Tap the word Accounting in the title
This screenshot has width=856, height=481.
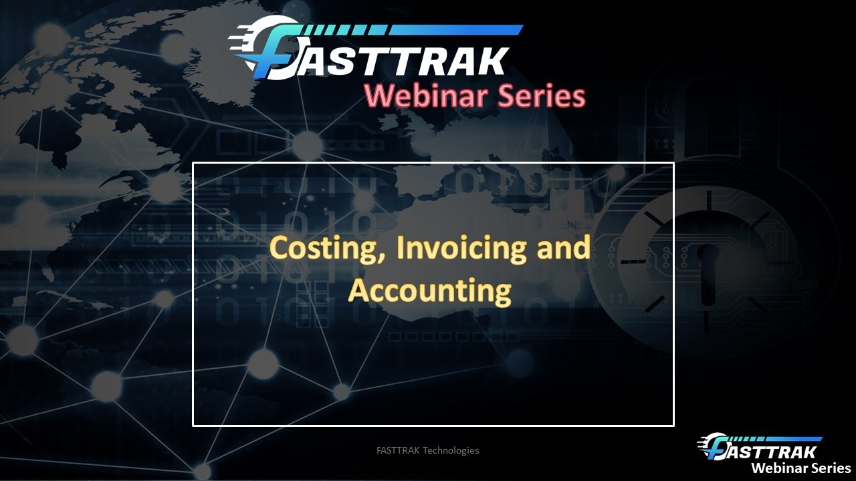coord(429,291)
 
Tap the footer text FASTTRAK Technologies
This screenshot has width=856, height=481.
coord(428,450)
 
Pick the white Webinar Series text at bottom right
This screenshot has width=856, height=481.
coord(800,468)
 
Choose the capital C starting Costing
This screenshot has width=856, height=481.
coord(280,249)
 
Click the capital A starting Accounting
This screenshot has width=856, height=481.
coord(360,291)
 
